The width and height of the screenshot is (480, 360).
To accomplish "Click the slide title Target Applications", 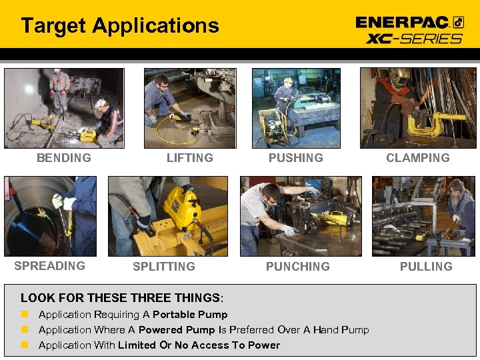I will click(120, 26).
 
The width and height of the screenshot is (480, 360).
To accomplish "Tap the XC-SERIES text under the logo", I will click(414, 38).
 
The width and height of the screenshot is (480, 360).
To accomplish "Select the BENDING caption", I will click(64, 158).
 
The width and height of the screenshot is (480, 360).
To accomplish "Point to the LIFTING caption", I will click(190, 158).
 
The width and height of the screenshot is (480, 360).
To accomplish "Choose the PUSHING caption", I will click(295, 158).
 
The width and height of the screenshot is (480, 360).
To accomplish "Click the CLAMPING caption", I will click(418, 158).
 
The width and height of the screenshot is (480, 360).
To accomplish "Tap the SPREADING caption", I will click(50, 266).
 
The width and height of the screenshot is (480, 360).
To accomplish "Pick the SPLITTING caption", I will click(164, 267).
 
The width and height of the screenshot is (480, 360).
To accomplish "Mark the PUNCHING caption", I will click(297, 267).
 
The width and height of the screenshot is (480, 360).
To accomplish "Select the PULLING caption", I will click(426, 267).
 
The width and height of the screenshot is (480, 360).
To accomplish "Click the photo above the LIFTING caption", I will click(190, 108).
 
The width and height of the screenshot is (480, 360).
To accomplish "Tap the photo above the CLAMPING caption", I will click(418, 108).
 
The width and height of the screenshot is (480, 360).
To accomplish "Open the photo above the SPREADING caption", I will click(50, 216).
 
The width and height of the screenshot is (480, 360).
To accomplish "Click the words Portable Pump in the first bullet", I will click(190, 315).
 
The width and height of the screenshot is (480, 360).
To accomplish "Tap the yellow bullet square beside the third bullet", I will click(25, 345).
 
